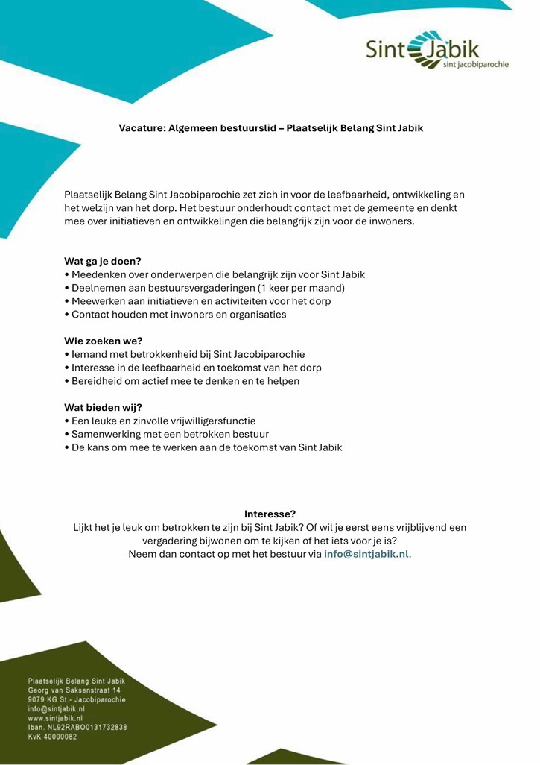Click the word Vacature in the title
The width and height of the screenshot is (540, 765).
point(142,128)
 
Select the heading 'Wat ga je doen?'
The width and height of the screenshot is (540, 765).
point(103,261)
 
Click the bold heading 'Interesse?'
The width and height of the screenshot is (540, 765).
point(270,514)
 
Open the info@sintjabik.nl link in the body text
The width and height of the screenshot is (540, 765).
point(366,554)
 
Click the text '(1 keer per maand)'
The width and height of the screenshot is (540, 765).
point(301,288)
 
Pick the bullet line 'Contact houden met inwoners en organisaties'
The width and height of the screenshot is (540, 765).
point(175,315)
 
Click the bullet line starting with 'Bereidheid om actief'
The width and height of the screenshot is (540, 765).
point(182,381)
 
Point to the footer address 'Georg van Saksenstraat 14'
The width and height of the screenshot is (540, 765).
point(74,690)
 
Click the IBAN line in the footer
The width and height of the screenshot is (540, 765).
point(77,727)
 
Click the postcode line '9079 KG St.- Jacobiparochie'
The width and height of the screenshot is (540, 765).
point(77,700)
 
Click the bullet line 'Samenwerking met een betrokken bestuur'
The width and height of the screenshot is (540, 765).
point(167,434)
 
